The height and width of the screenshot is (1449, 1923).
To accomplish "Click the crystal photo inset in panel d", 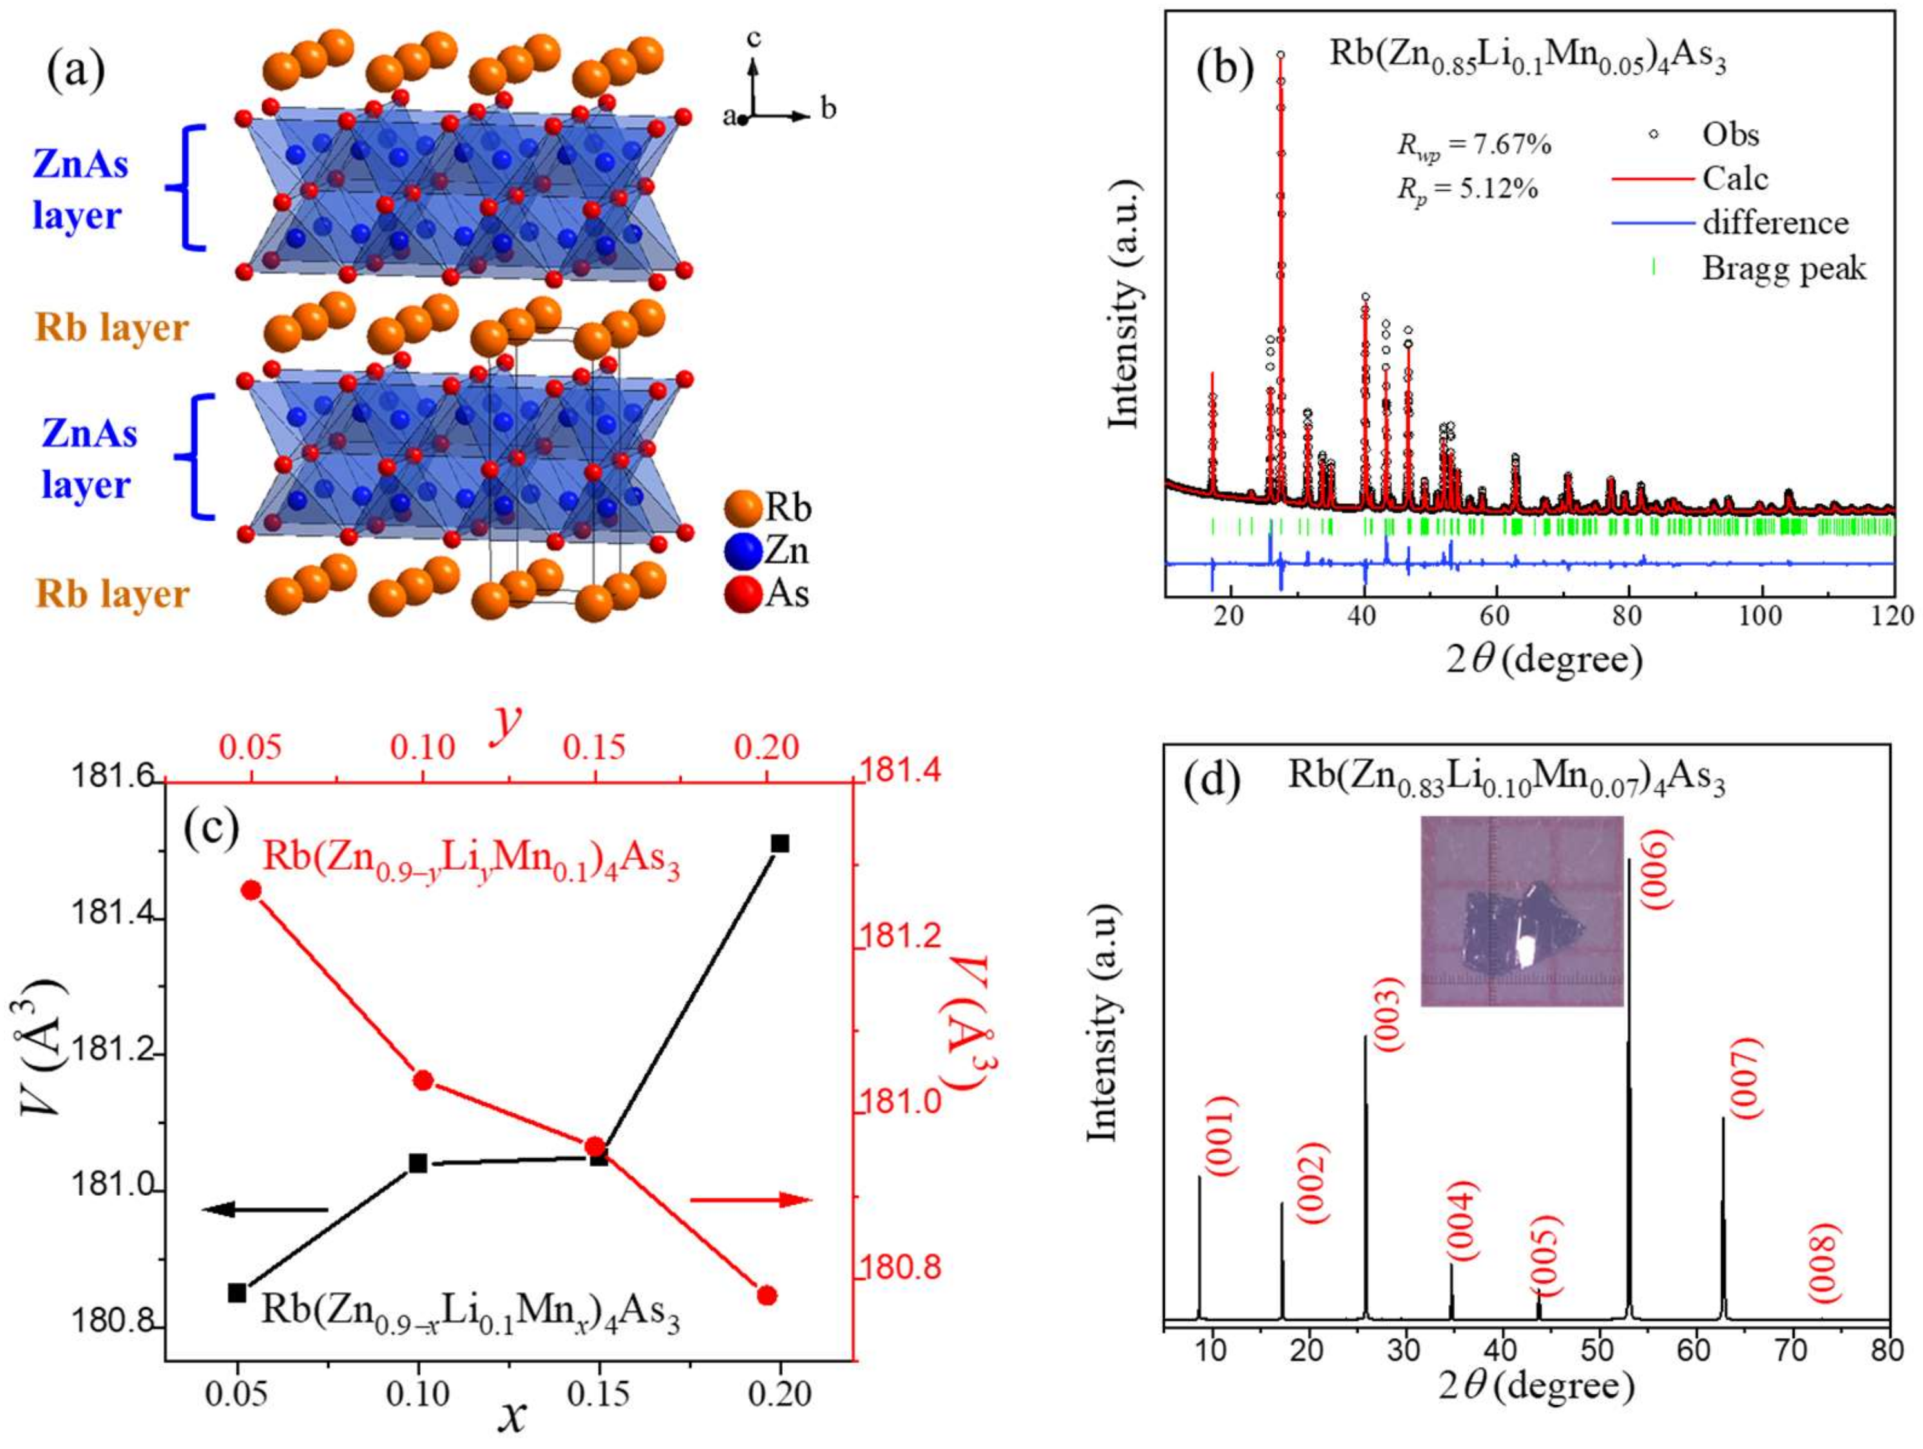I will click(1522, 911).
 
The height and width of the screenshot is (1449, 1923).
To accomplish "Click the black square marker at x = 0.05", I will click(236, 1294).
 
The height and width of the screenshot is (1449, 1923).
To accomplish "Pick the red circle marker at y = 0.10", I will click(423, 1080).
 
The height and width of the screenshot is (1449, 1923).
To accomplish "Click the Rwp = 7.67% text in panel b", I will click(1473, 145).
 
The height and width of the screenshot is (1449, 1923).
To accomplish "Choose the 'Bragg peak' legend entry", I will click(1782, 268).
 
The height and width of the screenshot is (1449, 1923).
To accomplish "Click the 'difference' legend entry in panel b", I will click(1774, 224).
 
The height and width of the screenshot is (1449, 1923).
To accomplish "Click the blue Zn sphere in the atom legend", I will click(741, 551).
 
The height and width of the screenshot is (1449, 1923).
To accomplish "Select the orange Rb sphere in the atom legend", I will click(741, 508).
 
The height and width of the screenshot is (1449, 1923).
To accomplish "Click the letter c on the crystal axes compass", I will click(754, 39).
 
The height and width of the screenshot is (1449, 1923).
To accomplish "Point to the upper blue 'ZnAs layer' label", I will click(80, 189).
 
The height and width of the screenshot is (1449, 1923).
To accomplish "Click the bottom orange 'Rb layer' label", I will click(113, 595).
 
